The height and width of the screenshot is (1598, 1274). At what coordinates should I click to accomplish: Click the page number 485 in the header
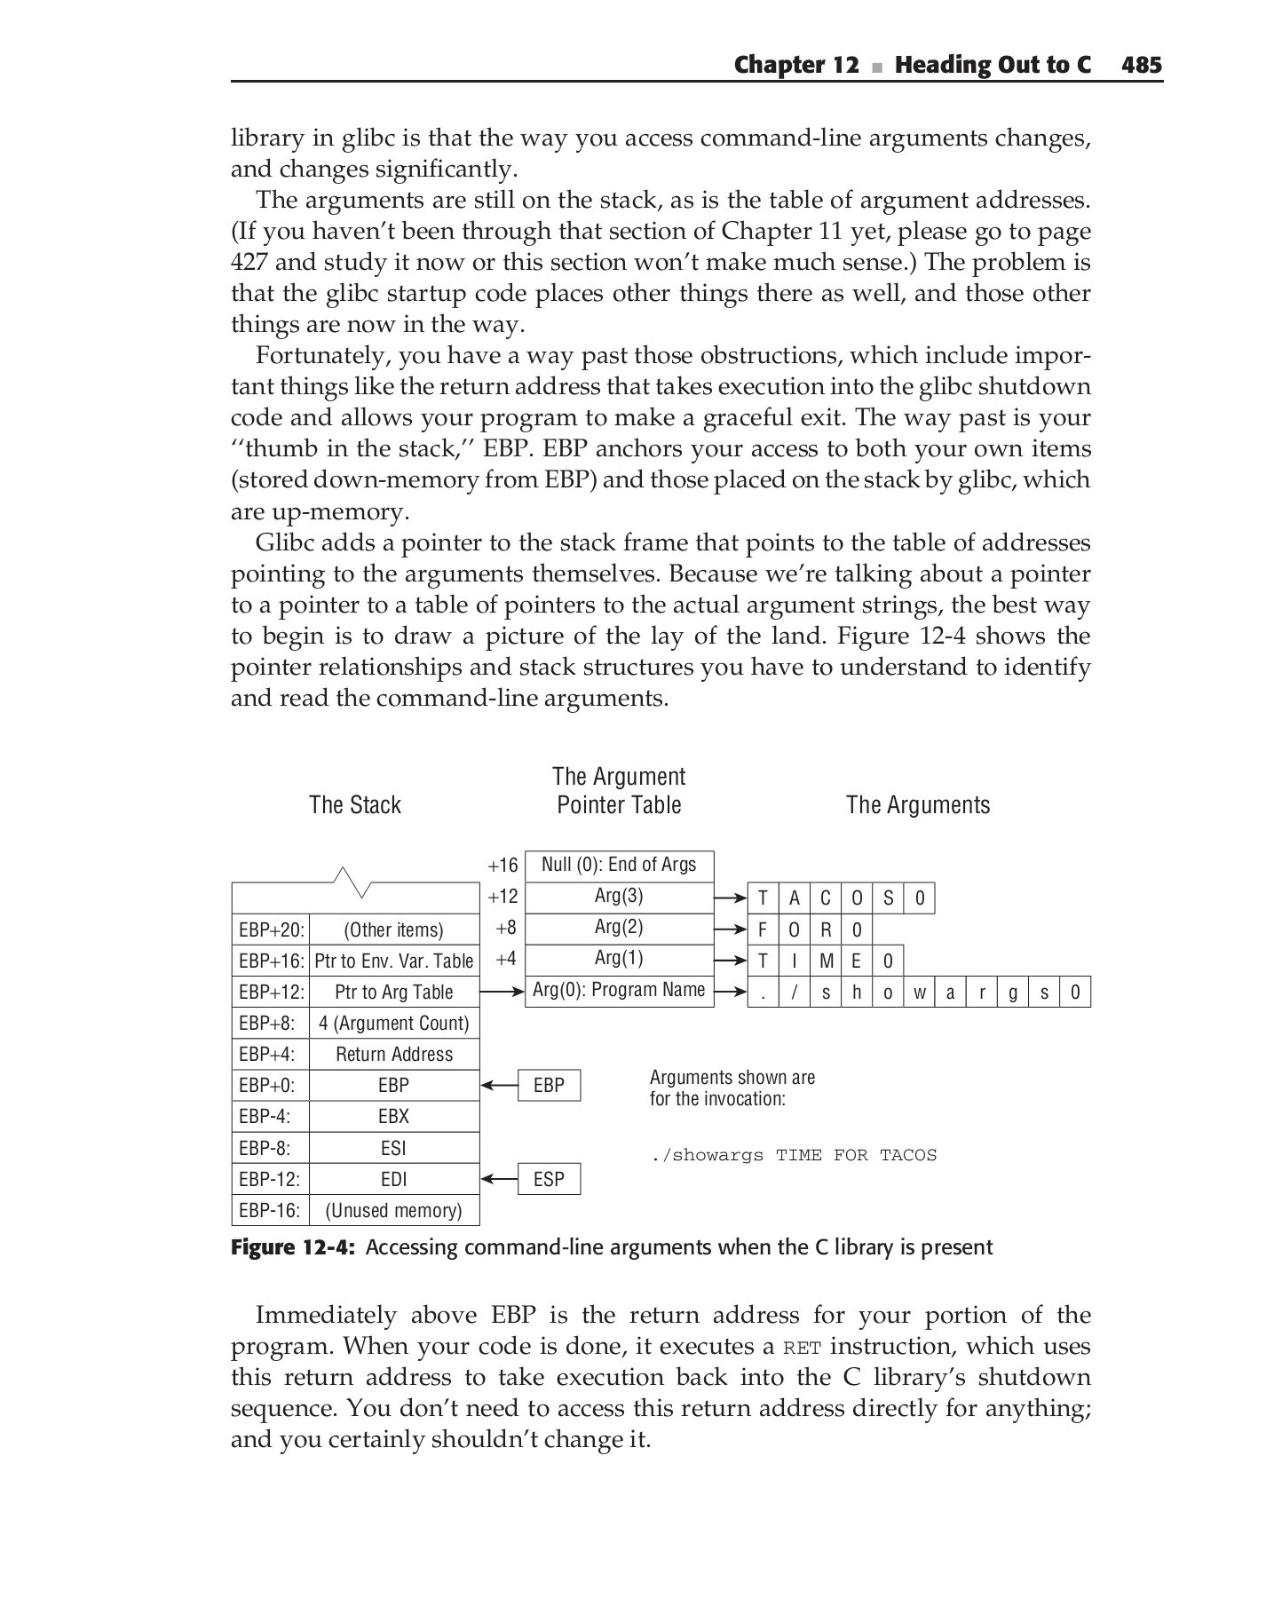1141,65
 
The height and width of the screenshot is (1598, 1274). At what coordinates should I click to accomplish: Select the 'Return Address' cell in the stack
393,1055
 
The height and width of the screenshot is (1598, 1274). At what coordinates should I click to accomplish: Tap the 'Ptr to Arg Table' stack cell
393,993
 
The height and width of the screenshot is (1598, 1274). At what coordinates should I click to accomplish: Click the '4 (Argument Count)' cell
393,1024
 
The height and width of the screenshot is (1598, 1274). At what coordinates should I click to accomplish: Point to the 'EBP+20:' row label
271,930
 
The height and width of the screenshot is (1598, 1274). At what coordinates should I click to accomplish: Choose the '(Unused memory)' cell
393,1211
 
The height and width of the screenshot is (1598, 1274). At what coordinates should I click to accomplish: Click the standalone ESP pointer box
549,1179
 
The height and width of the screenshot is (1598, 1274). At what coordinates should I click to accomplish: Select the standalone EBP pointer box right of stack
549,1086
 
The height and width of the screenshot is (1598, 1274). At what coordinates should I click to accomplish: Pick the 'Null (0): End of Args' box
619,865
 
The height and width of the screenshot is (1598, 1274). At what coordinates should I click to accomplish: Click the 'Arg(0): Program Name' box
619,990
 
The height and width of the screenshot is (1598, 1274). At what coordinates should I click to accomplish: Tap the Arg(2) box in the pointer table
619,928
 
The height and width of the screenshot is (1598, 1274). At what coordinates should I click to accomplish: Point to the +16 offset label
502,866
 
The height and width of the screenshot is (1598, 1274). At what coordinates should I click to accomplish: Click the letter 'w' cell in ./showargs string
919,993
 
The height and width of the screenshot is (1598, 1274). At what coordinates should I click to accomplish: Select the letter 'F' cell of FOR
763,930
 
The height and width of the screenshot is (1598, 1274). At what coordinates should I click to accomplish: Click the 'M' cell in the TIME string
826,961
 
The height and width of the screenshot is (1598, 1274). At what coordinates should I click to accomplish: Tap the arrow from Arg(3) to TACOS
731,898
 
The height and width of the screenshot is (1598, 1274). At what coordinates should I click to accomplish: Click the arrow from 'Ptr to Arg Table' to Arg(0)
502,992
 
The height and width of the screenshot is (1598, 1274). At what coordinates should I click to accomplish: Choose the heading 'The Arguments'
918,805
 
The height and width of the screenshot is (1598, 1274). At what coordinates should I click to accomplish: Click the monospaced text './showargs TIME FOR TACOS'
793,1155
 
